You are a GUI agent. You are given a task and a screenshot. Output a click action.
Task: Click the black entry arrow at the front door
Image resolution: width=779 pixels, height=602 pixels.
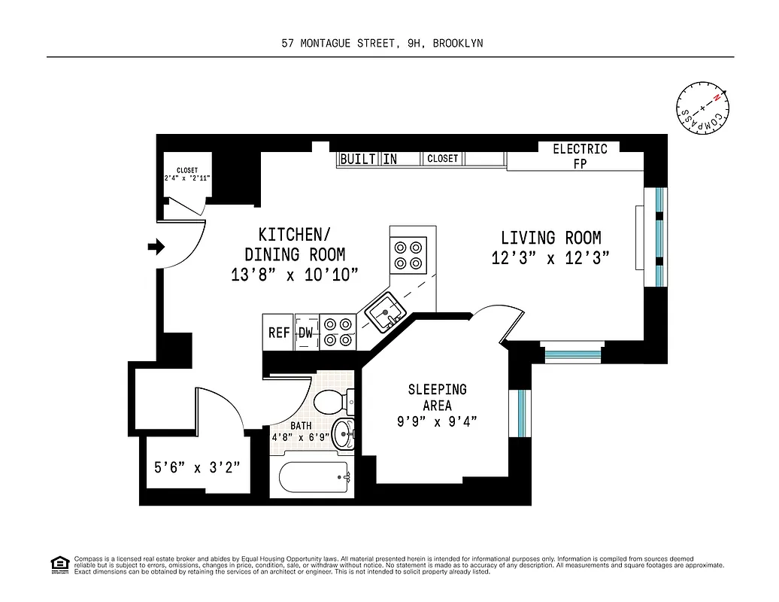[156, 247]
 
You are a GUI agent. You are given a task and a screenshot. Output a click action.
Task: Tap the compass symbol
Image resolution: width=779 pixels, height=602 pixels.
[701, 108]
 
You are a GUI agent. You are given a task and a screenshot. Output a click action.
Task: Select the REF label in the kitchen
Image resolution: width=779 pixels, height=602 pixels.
[279, 333]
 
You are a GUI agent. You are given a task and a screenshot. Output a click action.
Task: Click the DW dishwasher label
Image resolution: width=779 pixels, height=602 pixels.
[306, 333]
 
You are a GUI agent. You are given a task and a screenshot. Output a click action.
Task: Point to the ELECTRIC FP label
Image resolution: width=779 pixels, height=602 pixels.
[580, 156]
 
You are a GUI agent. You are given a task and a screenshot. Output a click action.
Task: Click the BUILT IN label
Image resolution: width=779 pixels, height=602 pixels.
[368, 159]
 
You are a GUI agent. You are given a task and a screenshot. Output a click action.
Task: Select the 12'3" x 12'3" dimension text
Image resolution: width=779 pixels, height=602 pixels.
[550, 257]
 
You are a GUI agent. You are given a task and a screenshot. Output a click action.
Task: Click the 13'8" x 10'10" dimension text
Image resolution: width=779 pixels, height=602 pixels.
[295, 275]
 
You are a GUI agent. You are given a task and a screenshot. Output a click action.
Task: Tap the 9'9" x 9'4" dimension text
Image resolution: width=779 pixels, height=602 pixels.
[437, 422]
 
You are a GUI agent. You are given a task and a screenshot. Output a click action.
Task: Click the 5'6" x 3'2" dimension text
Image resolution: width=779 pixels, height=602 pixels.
[197, 467]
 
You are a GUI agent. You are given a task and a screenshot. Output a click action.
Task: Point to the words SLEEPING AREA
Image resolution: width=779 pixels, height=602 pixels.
[437, 397]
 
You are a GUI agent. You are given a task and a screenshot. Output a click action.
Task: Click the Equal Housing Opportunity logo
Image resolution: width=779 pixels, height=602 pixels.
[59, 564]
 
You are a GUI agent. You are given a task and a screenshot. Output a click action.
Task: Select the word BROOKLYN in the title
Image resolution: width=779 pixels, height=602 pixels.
[458, 44]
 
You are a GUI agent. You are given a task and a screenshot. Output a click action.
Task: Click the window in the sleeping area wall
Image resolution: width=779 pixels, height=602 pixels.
[519, 413]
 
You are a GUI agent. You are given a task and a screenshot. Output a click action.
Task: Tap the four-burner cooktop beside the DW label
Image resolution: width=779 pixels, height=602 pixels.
[337, 332]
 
